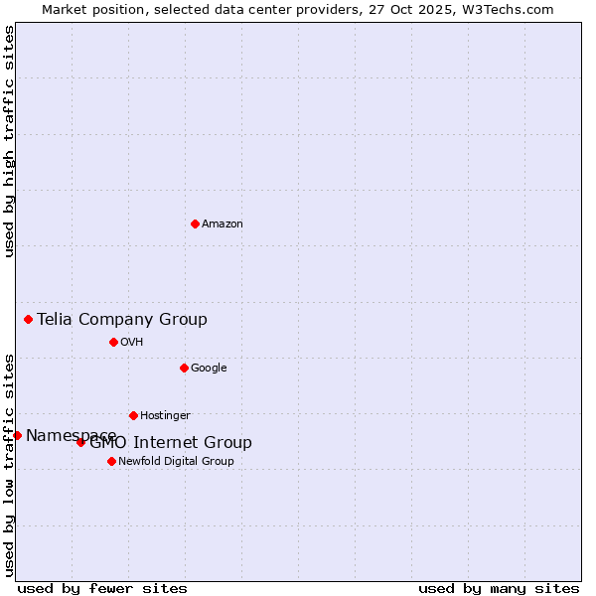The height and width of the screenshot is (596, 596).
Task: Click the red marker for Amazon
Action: tap(195, 223)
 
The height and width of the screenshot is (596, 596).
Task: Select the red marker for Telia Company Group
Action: tap(29, 319)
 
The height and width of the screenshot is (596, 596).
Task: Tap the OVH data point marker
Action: tap(113, 342)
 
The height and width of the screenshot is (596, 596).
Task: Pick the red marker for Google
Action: tap(184, 368)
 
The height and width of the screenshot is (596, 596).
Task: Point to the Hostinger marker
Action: tap(133, 415)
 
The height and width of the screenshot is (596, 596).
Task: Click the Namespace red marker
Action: tap(17, 435)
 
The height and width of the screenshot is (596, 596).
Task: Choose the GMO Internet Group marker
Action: tap(81, 442)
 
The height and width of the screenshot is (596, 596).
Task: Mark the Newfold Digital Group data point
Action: tap(111, 461)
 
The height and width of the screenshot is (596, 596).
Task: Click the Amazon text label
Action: tap(223, 224)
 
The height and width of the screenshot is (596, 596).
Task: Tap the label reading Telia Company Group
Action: tap(122, 319)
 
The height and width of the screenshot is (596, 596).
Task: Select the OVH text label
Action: tap(132, 343)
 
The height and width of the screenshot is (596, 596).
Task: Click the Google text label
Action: tap(209, 369)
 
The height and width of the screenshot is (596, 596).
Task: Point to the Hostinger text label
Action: tap(165, 416)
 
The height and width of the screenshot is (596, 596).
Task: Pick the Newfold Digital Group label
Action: tap(176, 462)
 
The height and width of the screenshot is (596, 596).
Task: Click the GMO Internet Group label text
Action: tap(171, 443)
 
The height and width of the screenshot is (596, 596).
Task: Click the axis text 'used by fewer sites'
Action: tap(102, 588)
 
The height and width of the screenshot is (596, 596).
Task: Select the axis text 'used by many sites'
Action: tap(499, 588)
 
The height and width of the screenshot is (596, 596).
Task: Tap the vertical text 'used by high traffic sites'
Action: tap(10, 141)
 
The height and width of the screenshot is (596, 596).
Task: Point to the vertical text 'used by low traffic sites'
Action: tap(10, 464)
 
